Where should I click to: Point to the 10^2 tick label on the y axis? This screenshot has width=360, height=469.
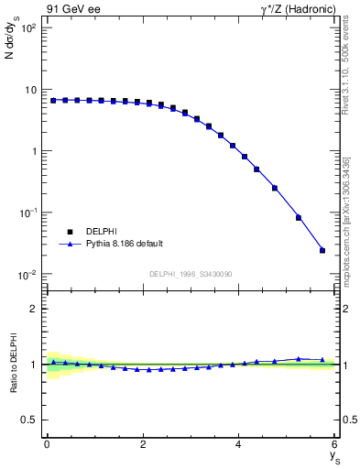coord(27,28)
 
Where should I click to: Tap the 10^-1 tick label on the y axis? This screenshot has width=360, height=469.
coord(27,213)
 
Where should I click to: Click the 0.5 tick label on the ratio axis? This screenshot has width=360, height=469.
coord(29,420)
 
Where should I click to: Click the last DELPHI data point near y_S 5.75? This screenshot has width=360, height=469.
coord(322,250)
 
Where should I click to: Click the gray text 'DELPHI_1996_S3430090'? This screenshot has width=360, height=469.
coord(191,274)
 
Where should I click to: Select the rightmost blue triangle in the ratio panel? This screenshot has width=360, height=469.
coord(322,359)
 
